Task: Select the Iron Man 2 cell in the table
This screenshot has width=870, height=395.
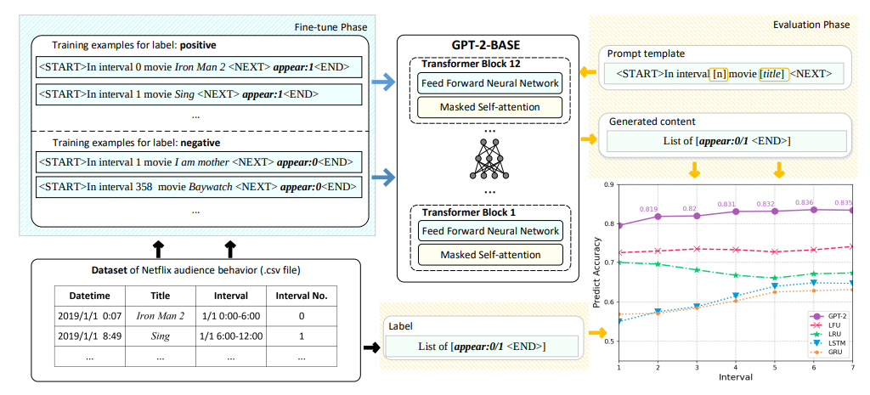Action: pos(160,316)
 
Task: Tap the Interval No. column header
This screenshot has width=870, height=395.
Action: pos(302,296)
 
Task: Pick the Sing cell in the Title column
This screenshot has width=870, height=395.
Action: pos(160,336)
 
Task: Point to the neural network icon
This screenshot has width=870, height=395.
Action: pos(488,159)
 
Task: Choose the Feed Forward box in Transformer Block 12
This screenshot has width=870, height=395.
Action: pos(489,83)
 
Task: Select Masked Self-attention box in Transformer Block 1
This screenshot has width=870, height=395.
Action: pos(489,253)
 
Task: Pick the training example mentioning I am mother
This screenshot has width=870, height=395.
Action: pos(195,161)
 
